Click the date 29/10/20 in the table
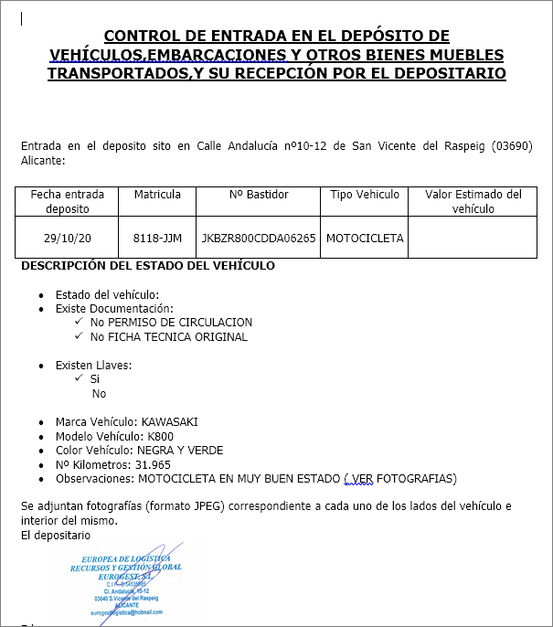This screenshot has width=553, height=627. [x=68, y=239]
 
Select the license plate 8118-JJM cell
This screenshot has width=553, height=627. [x=157, y=239]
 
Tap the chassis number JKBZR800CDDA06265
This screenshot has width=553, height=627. [x=259, y=239]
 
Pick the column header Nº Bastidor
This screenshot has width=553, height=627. [x=259, y=195]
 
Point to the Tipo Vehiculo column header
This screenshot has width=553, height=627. [x=365, y=195]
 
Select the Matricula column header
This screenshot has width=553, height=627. [x=157, y=195]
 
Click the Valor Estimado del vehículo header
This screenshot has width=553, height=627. [x=473, y=201]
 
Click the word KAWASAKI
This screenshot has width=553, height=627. [x=169, y=422]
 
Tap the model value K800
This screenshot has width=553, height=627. [x=160, y=436]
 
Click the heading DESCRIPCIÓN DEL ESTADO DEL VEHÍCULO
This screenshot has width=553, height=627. [x=147, y=266]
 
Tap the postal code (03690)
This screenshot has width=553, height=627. [x=512, y=146]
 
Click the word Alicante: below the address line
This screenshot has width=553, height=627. [x=43, y=161]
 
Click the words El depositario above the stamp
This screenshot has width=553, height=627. [x=56, y=535]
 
